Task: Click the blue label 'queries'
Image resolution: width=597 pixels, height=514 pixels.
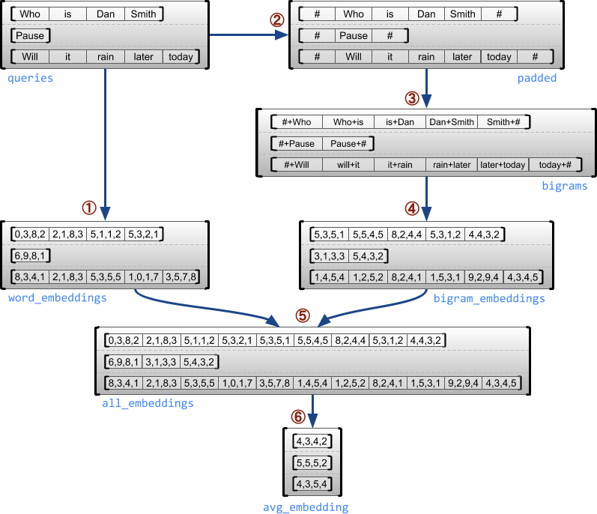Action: click(x=31, y=78)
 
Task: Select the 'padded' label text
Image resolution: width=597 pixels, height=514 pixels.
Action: click(x=537, y=78)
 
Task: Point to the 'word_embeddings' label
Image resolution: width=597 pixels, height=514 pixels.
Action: click(x=57, y=298)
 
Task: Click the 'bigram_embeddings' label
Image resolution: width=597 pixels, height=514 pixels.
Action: click(x=489, y=298)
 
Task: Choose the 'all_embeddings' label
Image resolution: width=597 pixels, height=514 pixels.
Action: click(x=148, y=403)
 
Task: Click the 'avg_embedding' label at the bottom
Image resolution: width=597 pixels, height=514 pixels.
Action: click(x=306, y=507)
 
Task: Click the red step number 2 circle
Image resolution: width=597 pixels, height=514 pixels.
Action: click(x=277, y=20)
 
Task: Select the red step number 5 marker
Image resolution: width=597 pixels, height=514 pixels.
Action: click(x=303, y=315)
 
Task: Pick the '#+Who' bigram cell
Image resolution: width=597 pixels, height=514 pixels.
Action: click(x=292, y=122)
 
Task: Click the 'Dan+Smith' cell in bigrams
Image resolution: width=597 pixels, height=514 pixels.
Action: click(x=451, y=122)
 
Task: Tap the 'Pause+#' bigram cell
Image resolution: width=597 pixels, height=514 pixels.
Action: click(x=348, y=143)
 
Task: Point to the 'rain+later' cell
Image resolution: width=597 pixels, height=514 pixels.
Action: click(x=451, y=165)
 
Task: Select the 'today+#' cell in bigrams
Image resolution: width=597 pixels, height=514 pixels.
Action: click(x=555, y=165)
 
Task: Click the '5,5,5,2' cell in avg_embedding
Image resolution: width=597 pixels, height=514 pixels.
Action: click(x=312, y=462)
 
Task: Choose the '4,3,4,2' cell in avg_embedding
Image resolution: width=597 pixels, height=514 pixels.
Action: click(x=312, y=441)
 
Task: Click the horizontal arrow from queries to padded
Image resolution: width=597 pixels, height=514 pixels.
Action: click(x=247, y=34)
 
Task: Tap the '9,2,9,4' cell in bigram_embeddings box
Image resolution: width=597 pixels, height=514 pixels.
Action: click(x=484, y=277)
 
